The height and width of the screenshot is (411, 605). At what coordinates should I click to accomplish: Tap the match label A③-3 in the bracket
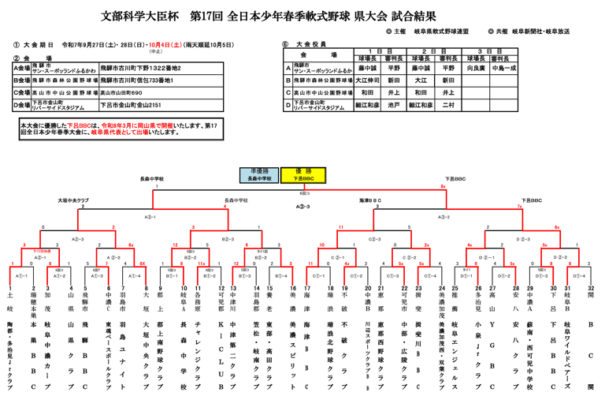point(302,207)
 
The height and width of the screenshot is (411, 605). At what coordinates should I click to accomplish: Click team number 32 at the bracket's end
point(590,289)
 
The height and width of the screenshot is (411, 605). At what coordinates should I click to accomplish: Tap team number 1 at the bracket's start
point(10,289)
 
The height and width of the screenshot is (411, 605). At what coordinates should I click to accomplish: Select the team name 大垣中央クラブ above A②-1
point(72,200)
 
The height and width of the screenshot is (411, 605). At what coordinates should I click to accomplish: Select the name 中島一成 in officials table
point(503,69)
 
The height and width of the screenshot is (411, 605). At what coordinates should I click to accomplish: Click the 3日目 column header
point(488,50)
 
